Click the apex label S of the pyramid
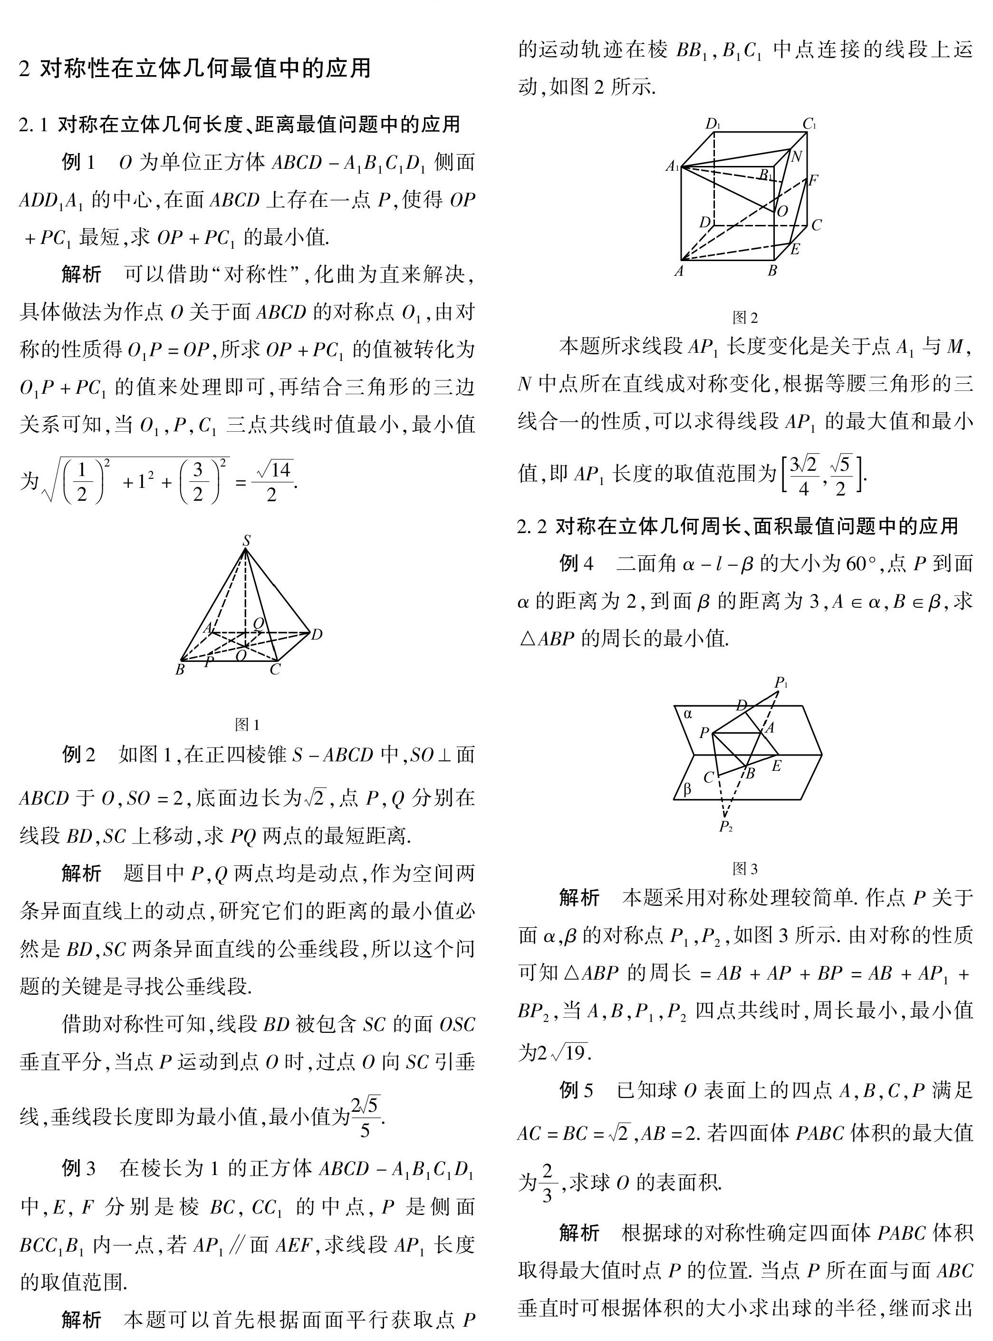click(246, 540)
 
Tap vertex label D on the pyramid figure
click(317, 634)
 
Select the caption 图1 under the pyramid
click(247, 724)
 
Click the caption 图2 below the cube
click(745, 318)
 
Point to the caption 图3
click(745, 868)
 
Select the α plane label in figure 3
click(688, 714)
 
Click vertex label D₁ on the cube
click(713, 124)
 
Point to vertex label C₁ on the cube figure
click(810, 124)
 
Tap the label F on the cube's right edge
click(813, 180)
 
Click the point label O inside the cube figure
click(782, 211)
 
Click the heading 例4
click(576, 564)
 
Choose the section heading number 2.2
click(532, 527)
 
